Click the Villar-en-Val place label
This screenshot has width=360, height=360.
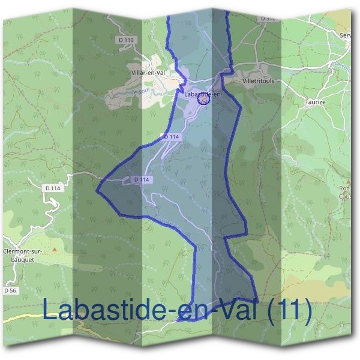click(x=148, y=73)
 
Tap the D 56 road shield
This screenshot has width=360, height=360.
click(x=9, y=290)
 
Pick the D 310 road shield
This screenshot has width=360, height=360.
click(x=268, y=19)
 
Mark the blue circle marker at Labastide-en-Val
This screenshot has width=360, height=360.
click(x=203, y=100)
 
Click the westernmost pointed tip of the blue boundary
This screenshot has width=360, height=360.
click(x=97, y=191)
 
